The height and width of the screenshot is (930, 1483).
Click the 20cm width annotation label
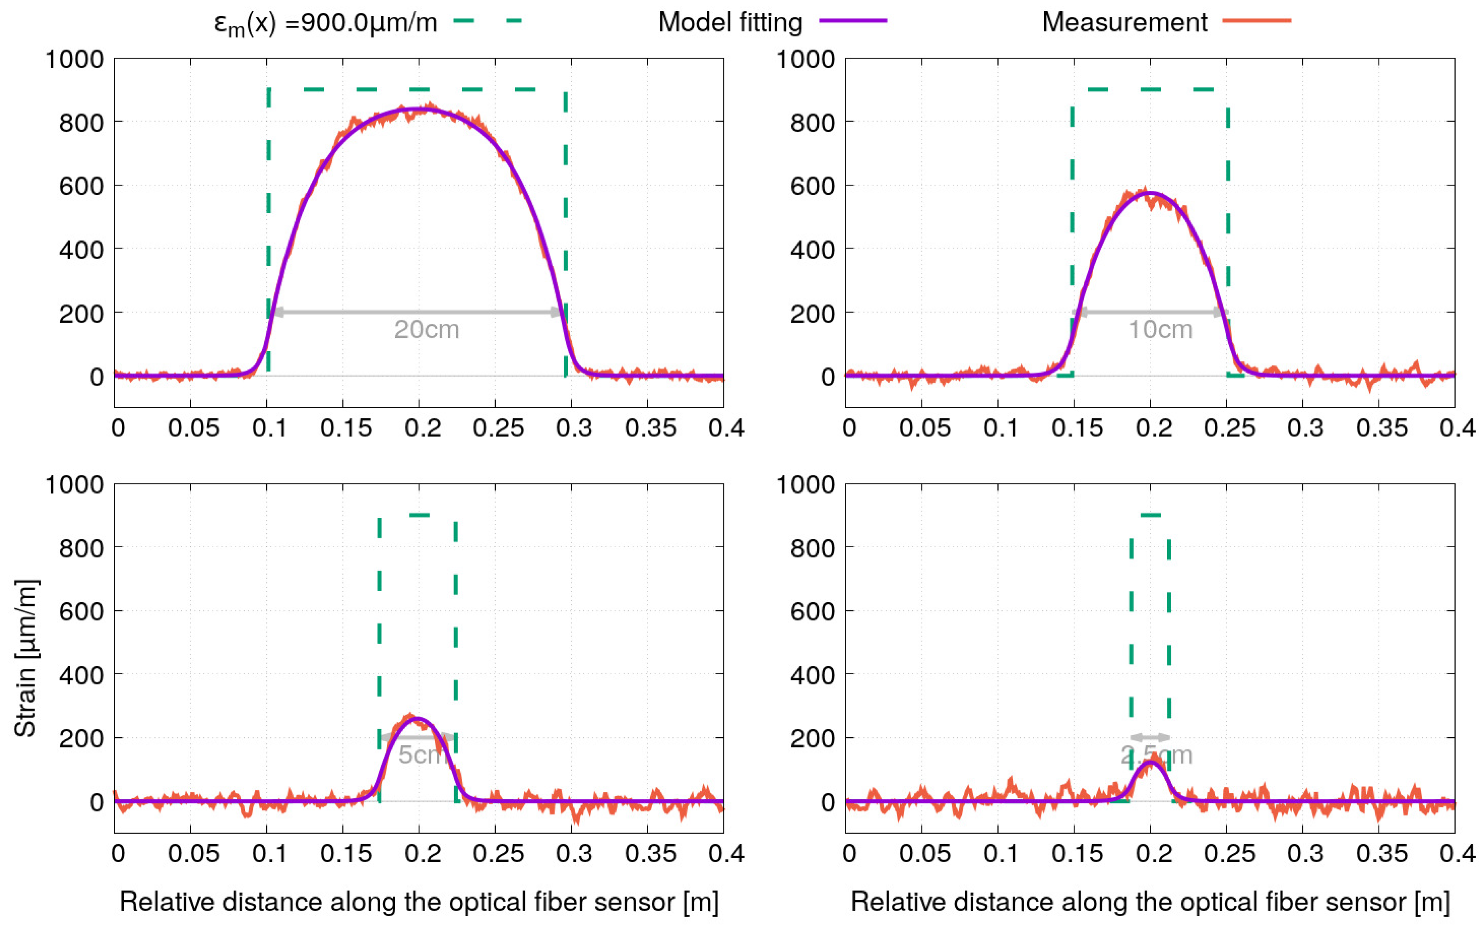tap(426, 329)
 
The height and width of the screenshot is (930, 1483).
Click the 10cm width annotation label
tap(1160, 329)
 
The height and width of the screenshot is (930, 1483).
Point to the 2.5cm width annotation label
tap(1156, 755)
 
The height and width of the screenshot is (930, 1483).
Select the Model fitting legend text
tap(730, 23)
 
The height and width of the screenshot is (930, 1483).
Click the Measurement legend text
tap(1124, 23)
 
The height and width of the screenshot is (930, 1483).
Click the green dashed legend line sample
tap(487, 21)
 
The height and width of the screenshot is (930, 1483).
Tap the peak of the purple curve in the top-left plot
tap(419, 109)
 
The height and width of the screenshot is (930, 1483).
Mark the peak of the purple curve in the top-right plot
tap(1149, 192)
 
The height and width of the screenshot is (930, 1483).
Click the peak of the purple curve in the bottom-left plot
tap(418, 718)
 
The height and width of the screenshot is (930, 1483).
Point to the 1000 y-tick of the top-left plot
tap(75, 60)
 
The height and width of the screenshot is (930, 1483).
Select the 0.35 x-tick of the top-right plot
tap(1381, 427)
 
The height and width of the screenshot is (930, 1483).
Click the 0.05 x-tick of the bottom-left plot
tap(193, 853)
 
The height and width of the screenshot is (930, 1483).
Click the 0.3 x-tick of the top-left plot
tap(573, 427)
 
